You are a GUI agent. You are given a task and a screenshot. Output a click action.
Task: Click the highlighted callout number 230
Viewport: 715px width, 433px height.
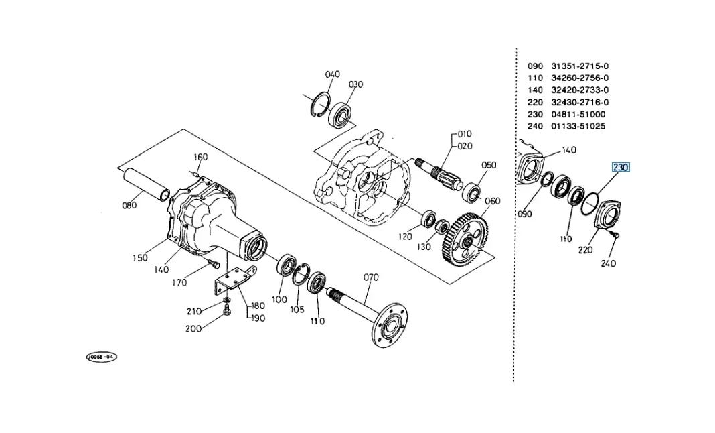[x=620, y=167]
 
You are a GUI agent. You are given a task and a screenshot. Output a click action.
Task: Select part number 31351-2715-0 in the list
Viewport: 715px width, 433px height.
[x=580, y=66]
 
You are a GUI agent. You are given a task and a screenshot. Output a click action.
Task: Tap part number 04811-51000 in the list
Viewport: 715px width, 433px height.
[x=578, y=114]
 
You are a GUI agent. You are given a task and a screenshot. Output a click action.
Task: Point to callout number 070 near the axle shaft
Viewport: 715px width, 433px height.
[x=371, y=277]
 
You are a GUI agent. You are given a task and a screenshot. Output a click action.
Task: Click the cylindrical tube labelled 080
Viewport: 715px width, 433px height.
[x=146, y=184]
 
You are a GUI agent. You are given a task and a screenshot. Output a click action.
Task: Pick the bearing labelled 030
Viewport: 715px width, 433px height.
[x=341, y=115]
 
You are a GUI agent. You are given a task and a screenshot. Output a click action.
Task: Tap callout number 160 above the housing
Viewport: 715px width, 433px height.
[x=201, y=157]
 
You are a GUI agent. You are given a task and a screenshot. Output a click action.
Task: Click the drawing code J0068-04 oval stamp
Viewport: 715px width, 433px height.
[x=102, y=357]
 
